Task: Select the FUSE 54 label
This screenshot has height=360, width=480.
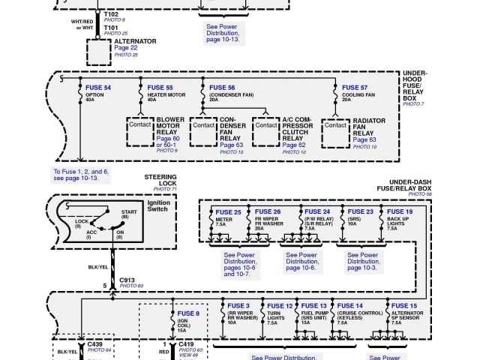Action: [98, 88]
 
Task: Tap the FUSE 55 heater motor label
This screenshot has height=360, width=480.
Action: [160, 88]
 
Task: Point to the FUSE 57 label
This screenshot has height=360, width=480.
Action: [355, 88]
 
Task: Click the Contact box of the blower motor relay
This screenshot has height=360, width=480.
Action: [140, 126]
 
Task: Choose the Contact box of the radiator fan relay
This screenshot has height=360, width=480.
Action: [335, 126]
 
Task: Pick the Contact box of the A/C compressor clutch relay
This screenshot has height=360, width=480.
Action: [266, 126]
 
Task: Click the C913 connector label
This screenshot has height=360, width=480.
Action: [127, 279]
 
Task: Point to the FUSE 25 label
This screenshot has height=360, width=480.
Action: [228, 212]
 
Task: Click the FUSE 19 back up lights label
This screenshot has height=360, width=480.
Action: [399, 212]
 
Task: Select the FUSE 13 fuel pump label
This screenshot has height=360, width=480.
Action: [313, 306]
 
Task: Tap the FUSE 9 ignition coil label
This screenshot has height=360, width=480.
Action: [188, 313]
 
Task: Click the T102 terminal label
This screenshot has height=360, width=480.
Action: [111, 14]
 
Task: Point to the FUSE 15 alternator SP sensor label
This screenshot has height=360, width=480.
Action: [403, 306]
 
